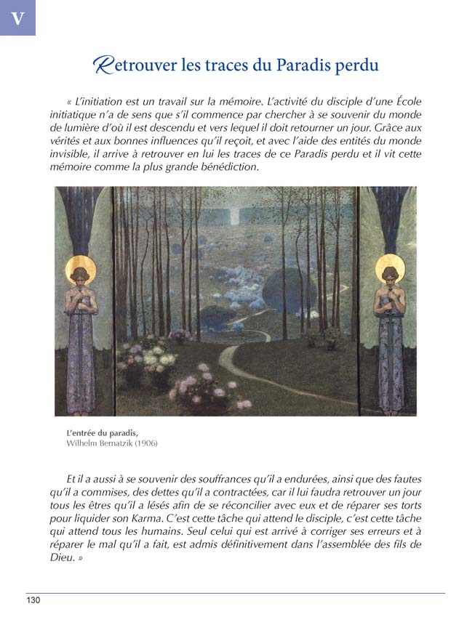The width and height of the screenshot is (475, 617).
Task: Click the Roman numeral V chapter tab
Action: coord(17,18)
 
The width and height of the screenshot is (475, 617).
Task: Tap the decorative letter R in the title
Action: coord(103,65)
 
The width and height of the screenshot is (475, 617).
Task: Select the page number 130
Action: coord(34,600)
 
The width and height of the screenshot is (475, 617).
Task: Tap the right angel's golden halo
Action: coord(391,267)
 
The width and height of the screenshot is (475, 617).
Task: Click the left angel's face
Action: coord(81,275)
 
